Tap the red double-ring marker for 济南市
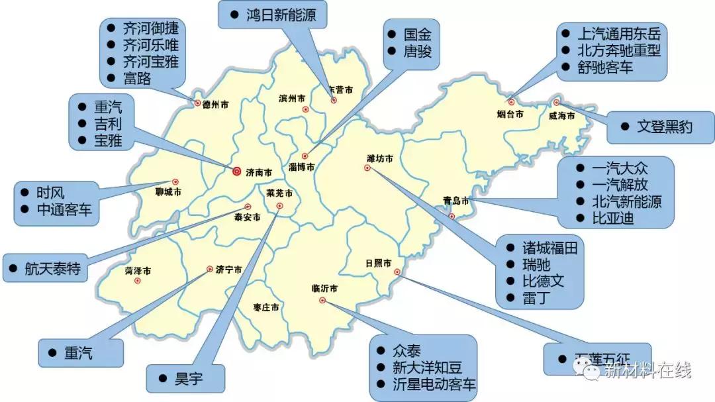click(237, 171)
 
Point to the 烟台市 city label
click(510, 114)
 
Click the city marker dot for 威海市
click(557, 102)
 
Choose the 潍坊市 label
click(379, 158)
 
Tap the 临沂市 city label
click(324, 288)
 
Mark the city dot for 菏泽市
click(138, 281)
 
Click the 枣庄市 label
click(265, 307)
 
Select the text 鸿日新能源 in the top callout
click(281, 15)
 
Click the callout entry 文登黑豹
click(664, 126)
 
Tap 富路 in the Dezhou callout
click(137, 79)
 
